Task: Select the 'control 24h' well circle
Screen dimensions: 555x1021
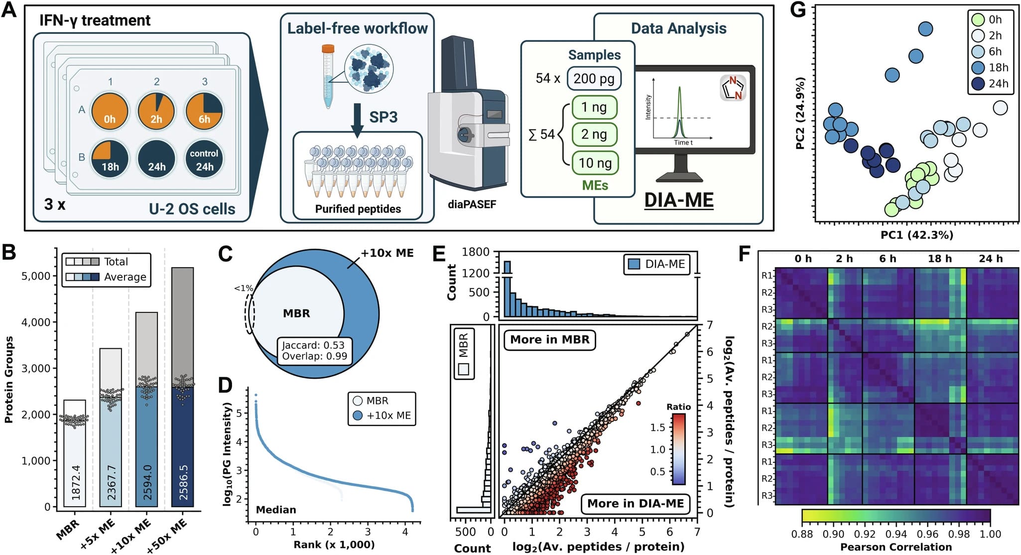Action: tap(204, 159)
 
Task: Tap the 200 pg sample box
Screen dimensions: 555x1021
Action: tap(594, 79)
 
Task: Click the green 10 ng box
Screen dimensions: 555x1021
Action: tap(595, 163)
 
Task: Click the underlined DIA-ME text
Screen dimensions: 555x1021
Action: tap(678, 200)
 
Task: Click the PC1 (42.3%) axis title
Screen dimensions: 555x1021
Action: tap(916, 235)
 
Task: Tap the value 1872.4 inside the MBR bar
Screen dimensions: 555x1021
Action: tap(76, 482)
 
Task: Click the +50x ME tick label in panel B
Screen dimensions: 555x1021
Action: tap(167, 535)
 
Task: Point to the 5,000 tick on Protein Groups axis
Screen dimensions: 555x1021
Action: tap(36, 276)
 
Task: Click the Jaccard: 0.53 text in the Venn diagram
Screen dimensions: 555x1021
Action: tap(313, 345)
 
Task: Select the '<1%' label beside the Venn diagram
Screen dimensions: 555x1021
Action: tap(244, 288)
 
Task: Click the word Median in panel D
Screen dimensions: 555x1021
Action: tap(276, 510)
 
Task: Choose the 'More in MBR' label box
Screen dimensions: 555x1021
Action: tap(549, 340)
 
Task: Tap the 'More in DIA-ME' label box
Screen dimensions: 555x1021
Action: tap(636, 503)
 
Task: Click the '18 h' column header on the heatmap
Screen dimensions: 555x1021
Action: tap(939, 259)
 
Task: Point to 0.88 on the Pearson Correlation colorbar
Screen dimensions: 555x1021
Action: tap(802, 534)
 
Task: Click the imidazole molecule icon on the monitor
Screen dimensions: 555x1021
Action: tap(733, 87)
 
